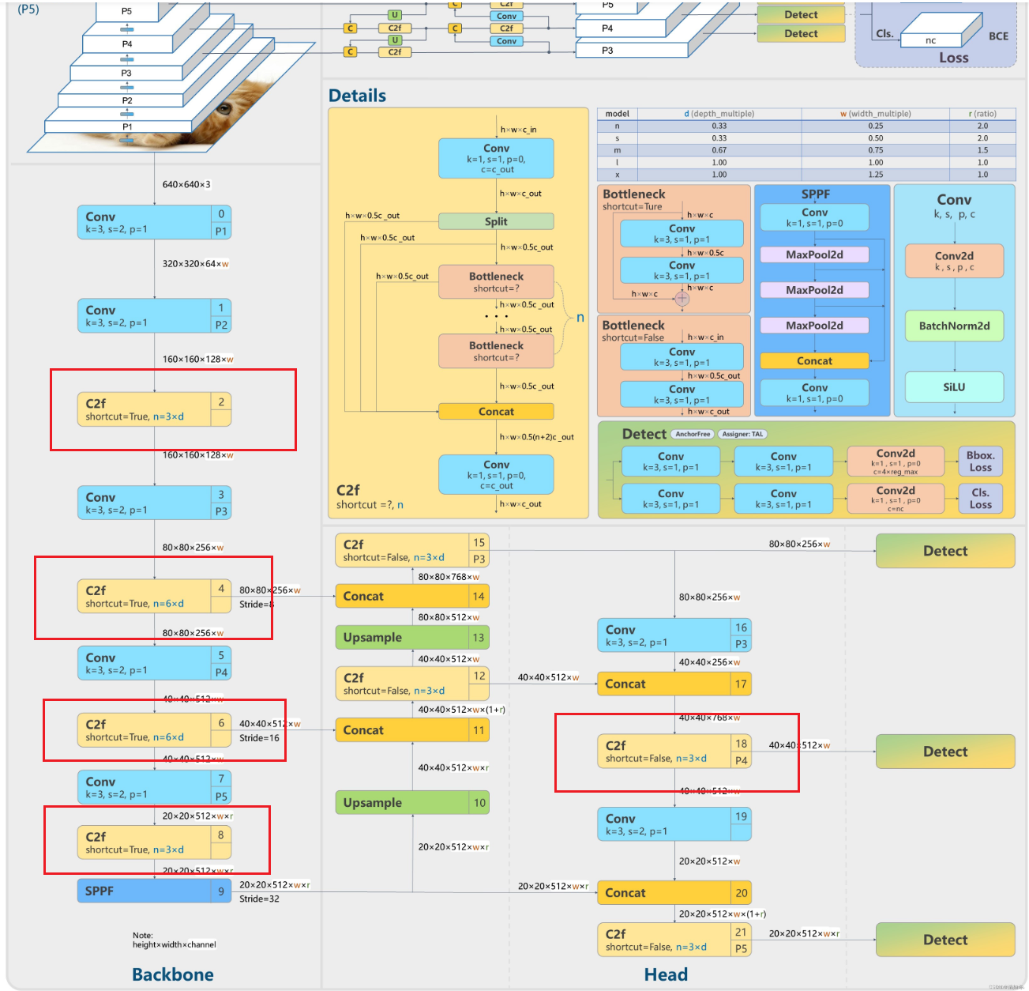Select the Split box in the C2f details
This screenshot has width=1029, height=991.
tap(496, 221)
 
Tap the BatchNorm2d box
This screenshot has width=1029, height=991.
tap(954, 326)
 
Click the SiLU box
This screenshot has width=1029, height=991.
tap(954, 387)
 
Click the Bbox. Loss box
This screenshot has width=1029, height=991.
tap(980, 462)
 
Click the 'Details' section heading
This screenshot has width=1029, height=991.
tap(357, 96)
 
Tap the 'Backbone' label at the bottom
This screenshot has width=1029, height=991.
tap(173, 974)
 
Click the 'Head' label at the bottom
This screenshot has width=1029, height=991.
tap(666, 974)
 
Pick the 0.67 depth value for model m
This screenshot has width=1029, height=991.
tap(719, 150)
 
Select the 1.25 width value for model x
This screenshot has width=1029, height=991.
tap(876, 175)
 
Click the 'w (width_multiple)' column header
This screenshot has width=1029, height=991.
tap(875, 114)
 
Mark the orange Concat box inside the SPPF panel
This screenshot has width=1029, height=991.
tap(814, 361)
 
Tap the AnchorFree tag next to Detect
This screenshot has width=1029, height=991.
tap(693, 434)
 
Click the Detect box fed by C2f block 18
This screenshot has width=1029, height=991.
tap(945, 752)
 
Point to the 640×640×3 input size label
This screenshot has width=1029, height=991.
tap(186, 184)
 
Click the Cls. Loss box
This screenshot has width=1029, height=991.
tap(980, 499)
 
